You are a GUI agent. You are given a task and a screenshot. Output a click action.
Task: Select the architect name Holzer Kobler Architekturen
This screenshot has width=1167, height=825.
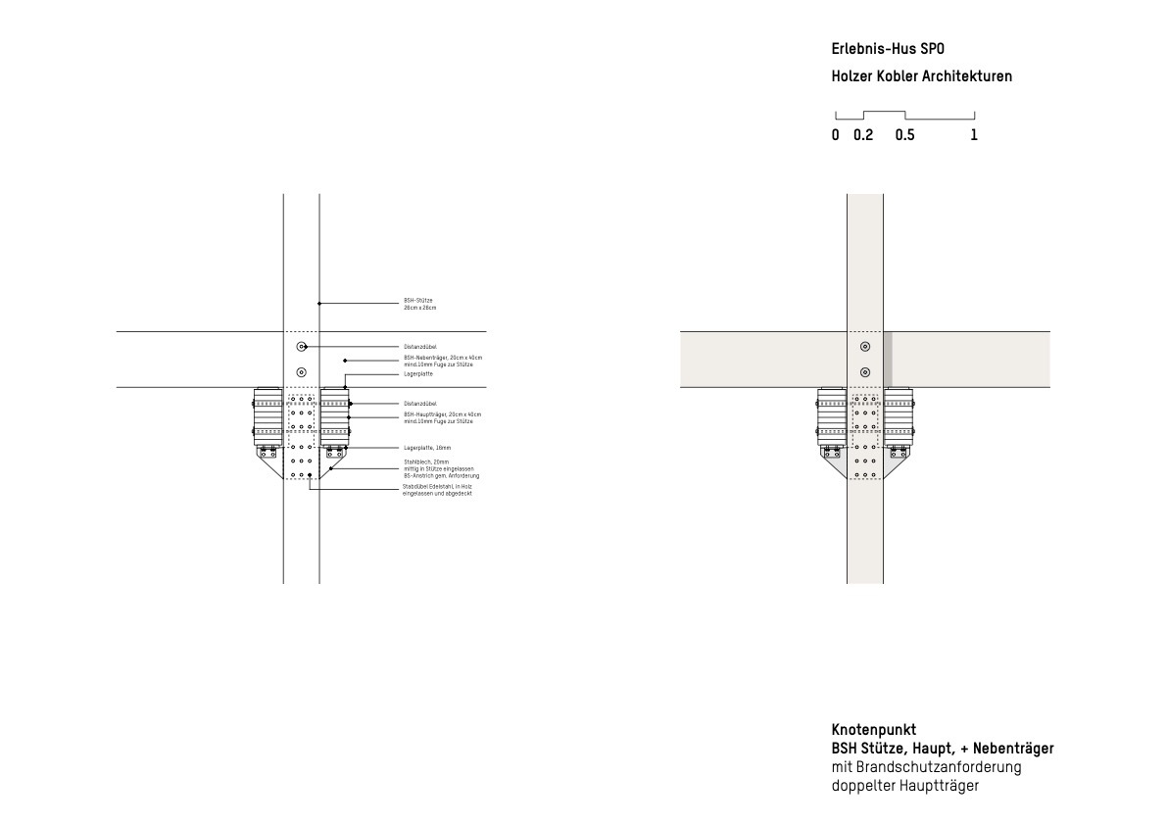[921, 76]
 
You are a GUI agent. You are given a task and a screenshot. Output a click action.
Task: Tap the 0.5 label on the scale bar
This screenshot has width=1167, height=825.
[904, 136]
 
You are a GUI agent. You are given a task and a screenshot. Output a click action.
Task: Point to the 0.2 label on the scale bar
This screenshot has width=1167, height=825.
[863, 136]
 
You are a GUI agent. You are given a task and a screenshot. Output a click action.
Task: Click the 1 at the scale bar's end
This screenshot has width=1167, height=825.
[974, 136]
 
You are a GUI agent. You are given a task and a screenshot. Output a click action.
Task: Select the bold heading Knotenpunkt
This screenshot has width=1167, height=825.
[874, 730]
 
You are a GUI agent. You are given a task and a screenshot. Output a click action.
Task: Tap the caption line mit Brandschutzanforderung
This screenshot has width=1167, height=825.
[926, 767]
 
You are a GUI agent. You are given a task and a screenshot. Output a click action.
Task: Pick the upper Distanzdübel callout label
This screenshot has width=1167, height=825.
[419, 347]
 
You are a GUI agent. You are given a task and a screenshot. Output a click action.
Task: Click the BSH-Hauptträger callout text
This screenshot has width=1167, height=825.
[442, 418]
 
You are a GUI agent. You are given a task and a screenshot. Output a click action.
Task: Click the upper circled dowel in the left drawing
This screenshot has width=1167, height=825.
[301, 347]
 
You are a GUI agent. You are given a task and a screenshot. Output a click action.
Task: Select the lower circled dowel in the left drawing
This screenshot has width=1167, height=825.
[301, 371]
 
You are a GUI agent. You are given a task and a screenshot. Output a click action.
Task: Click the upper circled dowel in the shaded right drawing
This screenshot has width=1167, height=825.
[864, 347]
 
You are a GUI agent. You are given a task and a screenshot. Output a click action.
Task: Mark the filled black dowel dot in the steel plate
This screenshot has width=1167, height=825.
[310, 474]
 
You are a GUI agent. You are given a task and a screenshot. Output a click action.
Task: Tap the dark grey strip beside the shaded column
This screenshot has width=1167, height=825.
[888, 360]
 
